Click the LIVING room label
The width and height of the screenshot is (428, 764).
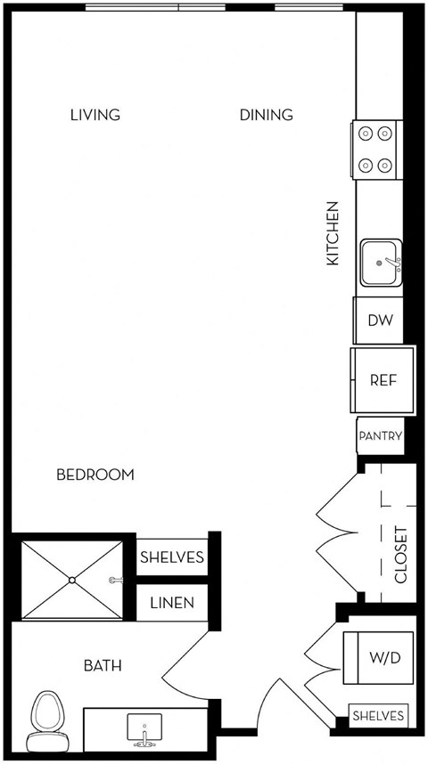click(x=95, y=115)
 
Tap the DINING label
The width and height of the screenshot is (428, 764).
click(x=266, y=115)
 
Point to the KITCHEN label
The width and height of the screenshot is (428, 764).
click(x=333, y=232)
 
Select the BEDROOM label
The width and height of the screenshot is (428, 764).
click(x=95, y=475)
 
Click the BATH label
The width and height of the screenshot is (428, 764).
click(x=103, y=665)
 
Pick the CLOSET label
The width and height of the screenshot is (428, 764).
click(x=400, y=555)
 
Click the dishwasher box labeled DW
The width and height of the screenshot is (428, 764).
click(x=380, y=318)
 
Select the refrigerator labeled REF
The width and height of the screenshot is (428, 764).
click(x=383, y=380)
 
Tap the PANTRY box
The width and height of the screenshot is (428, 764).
click(x=381, y=436)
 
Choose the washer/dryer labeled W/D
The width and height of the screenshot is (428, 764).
click(x=385, y=658)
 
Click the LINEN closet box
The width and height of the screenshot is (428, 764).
click(x=172, y=603)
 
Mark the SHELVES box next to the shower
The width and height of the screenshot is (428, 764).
click(x=172, y=558)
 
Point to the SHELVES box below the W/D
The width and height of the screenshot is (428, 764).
click(x=378, y=716)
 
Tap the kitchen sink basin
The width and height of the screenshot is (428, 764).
click(x=381, y=262)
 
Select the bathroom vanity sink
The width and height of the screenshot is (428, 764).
click(x=143, y=728)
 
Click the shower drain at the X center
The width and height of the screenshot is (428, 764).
click(x=72, y=579)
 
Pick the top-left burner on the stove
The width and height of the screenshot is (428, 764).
click(x=366, y=134)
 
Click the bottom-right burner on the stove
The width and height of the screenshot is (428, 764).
click(x=385, y=165)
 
